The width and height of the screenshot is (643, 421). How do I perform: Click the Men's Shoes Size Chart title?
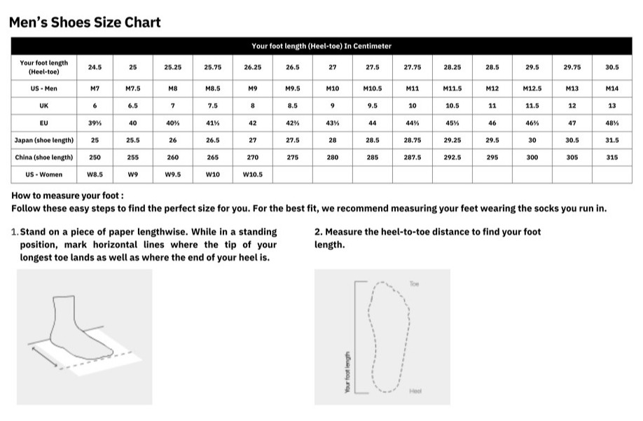coord(85,22)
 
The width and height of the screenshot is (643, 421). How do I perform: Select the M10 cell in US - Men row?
coord(333,89)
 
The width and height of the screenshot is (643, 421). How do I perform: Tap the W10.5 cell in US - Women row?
coord(253,174)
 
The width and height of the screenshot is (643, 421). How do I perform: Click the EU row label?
coord(43,123)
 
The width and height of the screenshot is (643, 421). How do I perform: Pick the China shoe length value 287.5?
coord(413,158)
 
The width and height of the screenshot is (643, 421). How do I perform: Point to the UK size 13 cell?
coord(611,106)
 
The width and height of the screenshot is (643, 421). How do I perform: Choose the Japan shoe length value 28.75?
coord(413,140)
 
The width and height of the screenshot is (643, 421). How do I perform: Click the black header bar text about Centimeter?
coord(321,46)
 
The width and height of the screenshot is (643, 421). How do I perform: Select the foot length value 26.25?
coord(253,67)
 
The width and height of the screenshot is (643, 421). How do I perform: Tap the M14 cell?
coord(611,89)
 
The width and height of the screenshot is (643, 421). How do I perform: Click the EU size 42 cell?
coord(253,123)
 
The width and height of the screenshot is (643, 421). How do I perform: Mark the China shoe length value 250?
coord(95,158)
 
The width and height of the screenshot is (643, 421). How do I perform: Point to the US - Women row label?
coord(43,174)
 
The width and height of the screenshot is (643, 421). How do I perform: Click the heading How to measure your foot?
coord(67,196)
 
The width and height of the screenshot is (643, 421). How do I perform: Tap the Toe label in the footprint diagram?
coord(413,284)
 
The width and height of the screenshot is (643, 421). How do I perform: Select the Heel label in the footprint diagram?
coord(415,391)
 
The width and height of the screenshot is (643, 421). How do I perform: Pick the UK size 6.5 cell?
coord(133,106)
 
